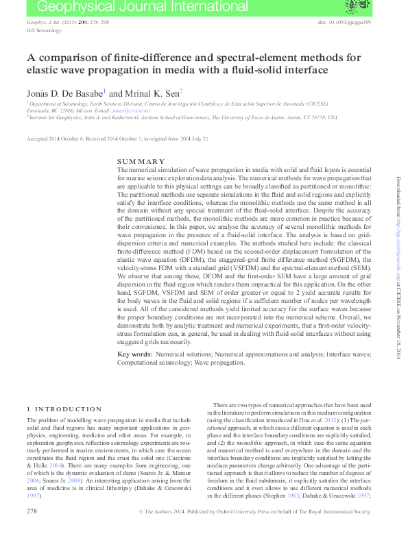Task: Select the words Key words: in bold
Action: pos(134,354)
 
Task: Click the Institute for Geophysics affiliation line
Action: pos(182,117)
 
